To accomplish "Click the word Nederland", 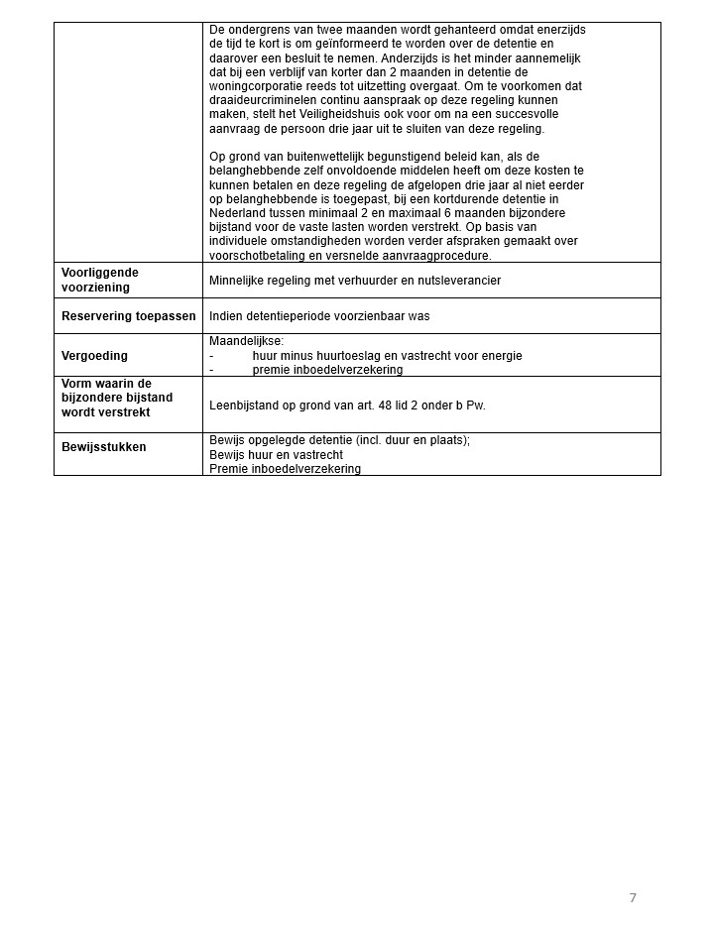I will click(238, 213).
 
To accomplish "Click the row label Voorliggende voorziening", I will click(100, 280).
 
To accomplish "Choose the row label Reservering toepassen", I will click(129, 316).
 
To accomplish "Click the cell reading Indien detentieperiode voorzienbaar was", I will click(319, 316).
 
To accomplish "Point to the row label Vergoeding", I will click(94, 355).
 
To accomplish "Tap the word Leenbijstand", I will click(244, 406).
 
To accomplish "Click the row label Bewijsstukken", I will click(103, 447).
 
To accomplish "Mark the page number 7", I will click(633, 898).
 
